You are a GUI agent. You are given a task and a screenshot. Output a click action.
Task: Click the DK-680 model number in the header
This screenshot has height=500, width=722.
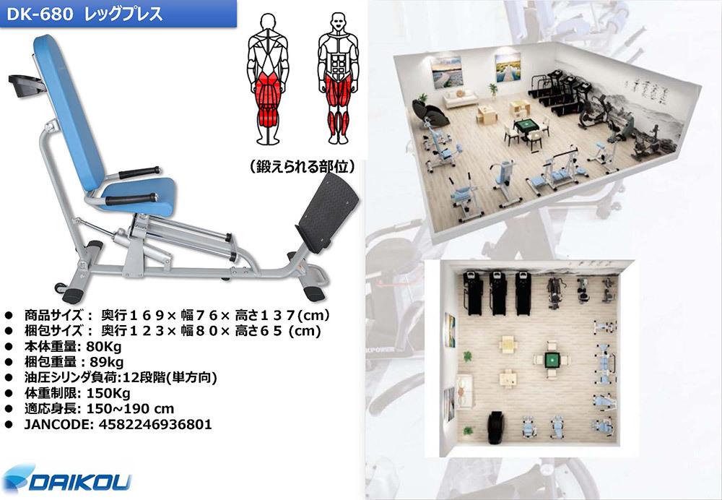click(40, 14)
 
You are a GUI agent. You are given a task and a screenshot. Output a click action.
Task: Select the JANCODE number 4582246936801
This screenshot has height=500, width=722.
click(155, 424)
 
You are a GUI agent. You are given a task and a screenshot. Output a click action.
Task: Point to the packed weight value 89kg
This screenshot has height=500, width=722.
click(107, 362)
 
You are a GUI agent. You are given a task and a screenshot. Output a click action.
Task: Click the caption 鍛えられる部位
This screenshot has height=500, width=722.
click(302, 166)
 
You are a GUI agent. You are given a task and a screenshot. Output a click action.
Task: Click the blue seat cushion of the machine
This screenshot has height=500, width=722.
click(138, 196)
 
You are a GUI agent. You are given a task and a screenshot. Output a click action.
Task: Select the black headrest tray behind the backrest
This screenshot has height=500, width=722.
click(25, 86)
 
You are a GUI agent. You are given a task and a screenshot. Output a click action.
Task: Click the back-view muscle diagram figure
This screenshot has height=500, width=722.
click(268, 78)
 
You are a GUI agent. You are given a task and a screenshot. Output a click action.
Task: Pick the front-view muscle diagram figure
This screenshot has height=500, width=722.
click(338, 78)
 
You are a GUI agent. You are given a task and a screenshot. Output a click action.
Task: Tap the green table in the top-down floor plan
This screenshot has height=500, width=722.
click(551, 360)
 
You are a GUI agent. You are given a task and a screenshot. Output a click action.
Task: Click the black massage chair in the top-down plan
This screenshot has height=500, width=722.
click(496, 428)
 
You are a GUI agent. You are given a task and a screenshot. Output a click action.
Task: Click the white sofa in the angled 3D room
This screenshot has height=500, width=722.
click(460, 98)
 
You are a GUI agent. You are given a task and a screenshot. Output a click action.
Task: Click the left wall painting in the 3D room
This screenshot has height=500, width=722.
click(446, 72)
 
